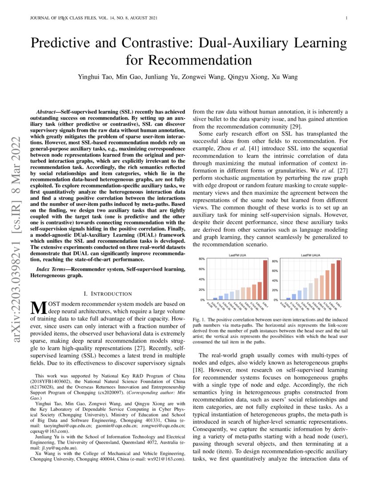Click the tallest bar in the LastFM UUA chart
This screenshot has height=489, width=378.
pyautogui.click(x=265, y=280)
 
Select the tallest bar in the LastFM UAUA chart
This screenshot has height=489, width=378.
pyautogui.click(x=338, y=280)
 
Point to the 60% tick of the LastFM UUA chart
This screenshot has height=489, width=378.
pyautogui.click(x=201, y=269)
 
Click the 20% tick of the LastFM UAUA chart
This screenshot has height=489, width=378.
pyautogui.click(x=275, y=290)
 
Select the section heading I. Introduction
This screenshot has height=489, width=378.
pyautogui.click(x=108, y=293)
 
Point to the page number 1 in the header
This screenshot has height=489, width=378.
pyautogui.click(x=346, y=18)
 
